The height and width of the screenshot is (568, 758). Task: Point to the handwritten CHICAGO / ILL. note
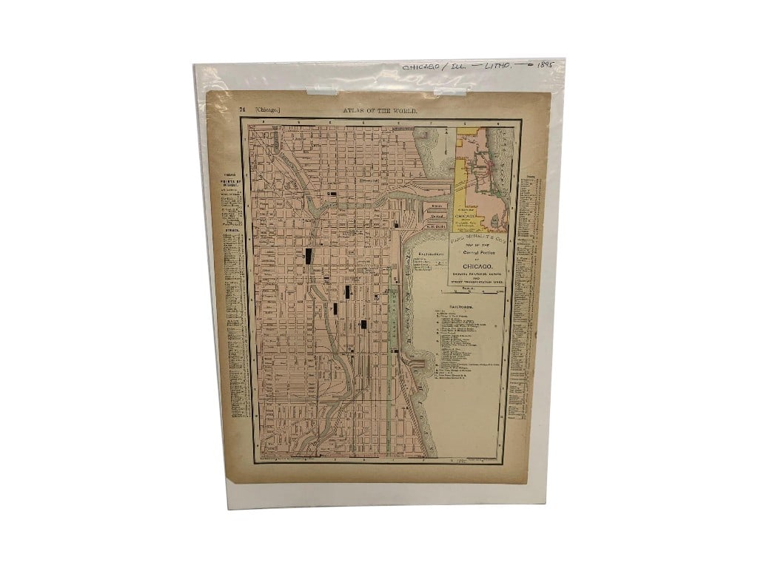coord(437,67)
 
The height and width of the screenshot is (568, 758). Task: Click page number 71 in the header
coord(241,109)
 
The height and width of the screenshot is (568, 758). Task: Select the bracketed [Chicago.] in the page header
coord(267,109)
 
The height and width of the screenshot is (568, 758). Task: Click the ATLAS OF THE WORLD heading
coord(380,110)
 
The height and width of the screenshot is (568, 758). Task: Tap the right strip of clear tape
coord(450,91)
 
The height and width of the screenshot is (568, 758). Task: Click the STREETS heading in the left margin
coord(231,230)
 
